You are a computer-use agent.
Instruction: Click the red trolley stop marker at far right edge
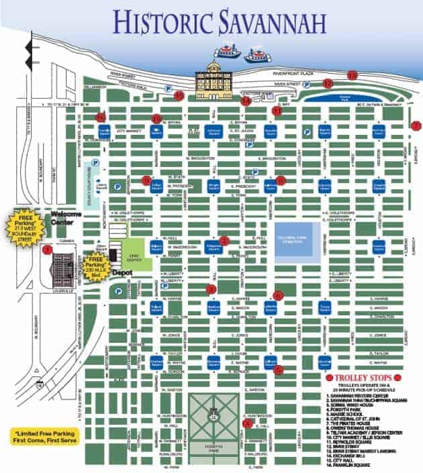point(416,125)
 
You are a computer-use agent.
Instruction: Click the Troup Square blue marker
point(325,308)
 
